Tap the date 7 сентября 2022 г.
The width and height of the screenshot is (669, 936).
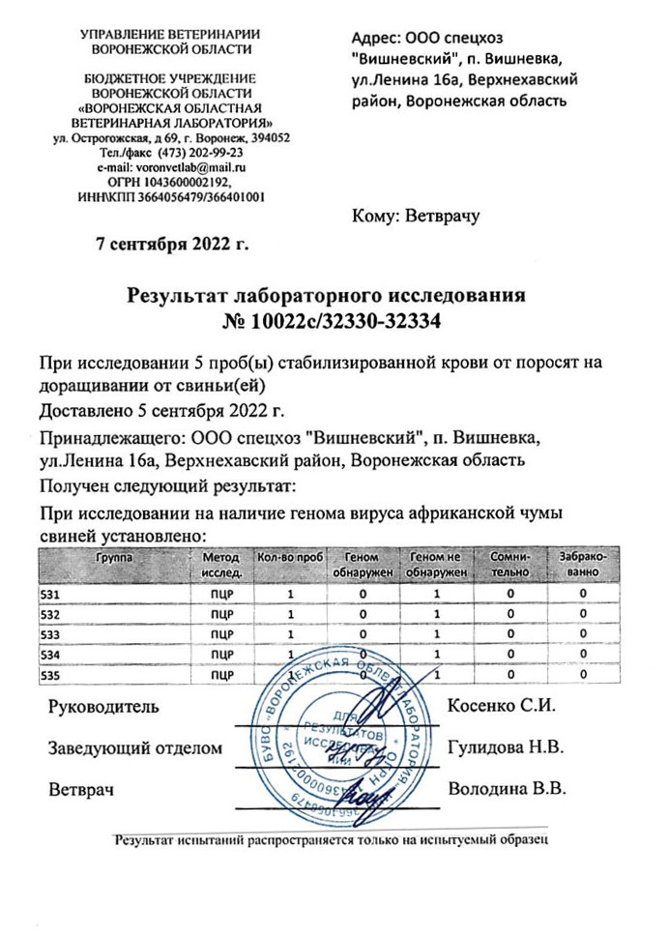172,242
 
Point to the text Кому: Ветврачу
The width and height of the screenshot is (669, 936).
418,216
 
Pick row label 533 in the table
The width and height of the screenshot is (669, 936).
49,634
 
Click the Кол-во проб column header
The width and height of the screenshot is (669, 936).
289,559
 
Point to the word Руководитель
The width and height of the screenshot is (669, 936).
103,706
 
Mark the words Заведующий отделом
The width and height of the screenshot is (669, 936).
135,747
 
